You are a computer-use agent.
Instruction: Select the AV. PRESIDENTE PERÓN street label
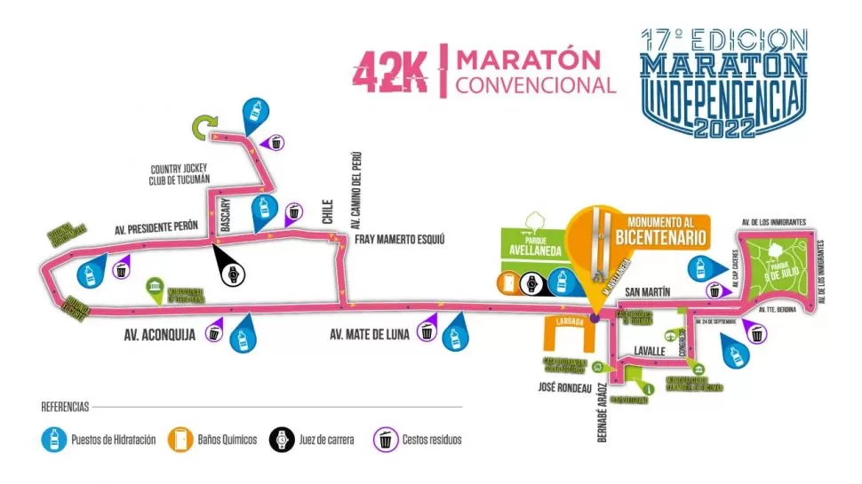(x=156, y=228)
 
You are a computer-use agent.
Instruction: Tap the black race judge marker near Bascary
(x=233, y=274)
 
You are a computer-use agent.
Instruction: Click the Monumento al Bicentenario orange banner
(x=659, y=231)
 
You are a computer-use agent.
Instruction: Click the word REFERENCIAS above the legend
(x=65, y=407)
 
